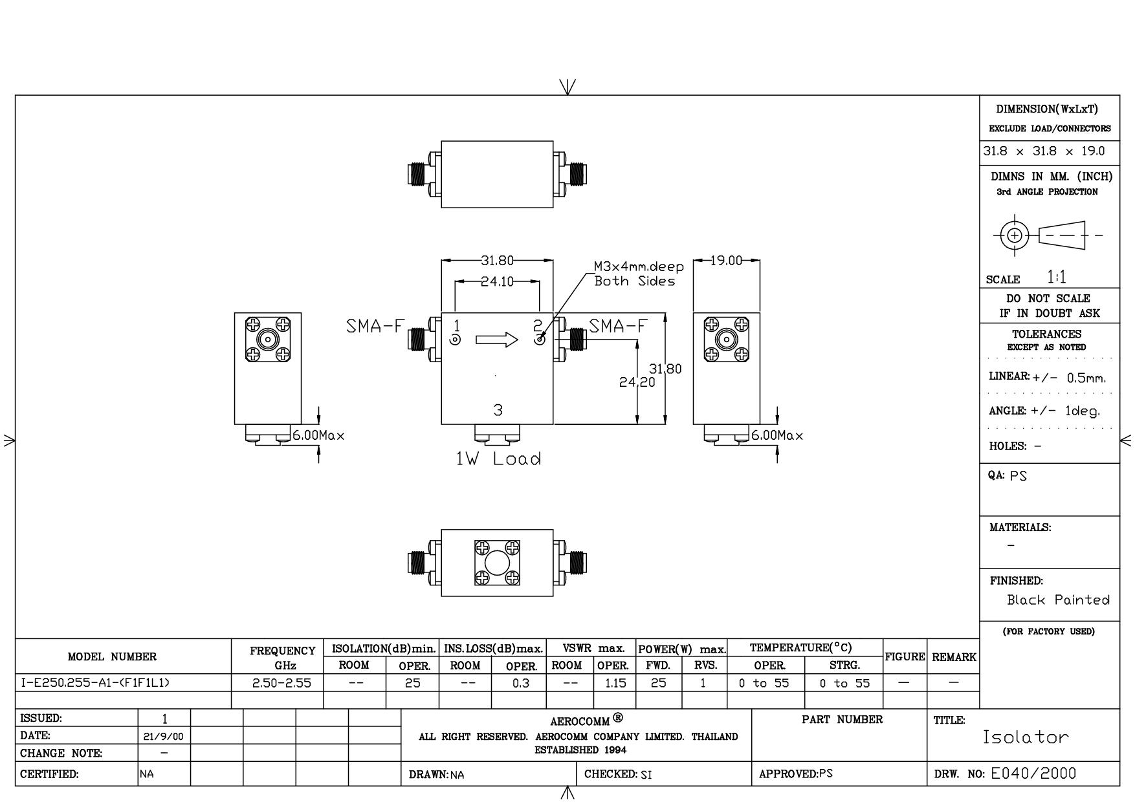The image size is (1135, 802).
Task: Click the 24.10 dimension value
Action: tap(497, 282)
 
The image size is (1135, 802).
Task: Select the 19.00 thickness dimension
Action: tap(726, 261)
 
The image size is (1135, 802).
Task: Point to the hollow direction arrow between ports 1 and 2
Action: tap(497, 340)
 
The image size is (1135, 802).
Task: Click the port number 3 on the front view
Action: tap(498, 410)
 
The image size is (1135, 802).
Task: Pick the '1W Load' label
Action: tap(498, 459)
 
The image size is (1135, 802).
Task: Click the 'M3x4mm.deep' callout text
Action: tap(639, 266)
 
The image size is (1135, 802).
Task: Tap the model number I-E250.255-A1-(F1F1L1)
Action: tap(95, 683)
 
